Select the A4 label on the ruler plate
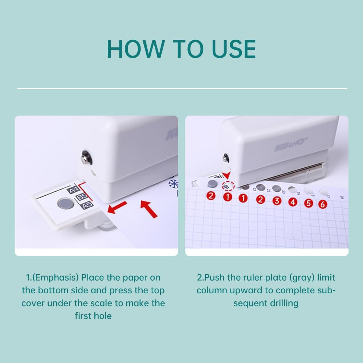pyautogui.click(x=73, y=190)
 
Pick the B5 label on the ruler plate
pyautogui.click(x=81, y=198)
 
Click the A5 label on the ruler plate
pyautogui.click(x=87, y=205)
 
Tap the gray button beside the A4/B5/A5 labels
pyautogui.click(x=65, y=203)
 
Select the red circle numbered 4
pyautogui.click(x=293, y=202)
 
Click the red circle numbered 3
pyautogui.click(x=277, y=200)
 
